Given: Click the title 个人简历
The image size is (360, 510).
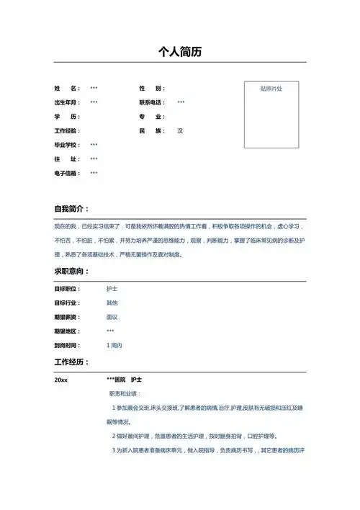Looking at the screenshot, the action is coord(179,52).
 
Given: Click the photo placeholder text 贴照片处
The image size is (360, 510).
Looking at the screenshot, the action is coord(271,89).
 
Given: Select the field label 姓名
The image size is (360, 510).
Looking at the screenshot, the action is coord(66,88).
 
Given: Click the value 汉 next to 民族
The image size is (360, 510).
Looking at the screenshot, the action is coord(181,131).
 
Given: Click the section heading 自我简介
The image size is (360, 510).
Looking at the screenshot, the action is coord(71,209).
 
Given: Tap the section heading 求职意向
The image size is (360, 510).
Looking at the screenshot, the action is coord(71,272).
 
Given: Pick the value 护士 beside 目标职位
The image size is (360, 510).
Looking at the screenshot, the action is coord(112,288).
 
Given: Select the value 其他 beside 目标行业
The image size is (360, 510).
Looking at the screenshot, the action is coord(112,303).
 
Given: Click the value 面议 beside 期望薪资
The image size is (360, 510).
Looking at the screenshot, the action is coord(112,317).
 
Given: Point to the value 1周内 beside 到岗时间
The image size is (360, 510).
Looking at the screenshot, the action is coord(114,346).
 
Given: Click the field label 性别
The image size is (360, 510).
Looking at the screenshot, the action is coord(153,88).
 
